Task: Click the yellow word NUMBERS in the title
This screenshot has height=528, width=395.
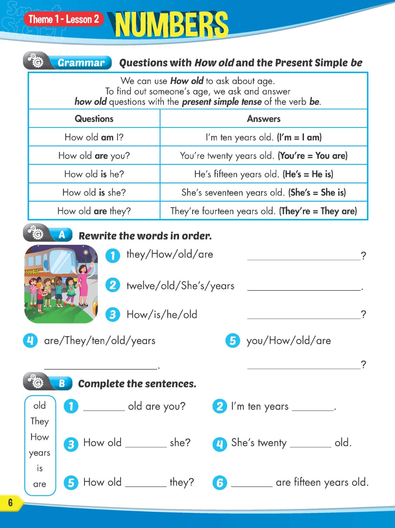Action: click(x=172, y=25)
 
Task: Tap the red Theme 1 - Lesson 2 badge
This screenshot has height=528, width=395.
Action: click(x=64, y=19)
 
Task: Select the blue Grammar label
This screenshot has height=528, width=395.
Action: click(x=81, y=63)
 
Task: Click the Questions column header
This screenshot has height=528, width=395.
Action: click(x=94, y=119)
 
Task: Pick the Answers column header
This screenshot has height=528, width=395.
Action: click(x=263, y=119)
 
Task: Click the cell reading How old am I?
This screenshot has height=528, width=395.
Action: click(x=94, y=137)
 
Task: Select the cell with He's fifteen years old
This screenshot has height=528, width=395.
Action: click(x=263, y=174)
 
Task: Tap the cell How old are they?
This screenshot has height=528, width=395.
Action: click(x=94, y=211)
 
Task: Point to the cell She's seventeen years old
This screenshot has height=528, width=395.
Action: click(x=263, y=193)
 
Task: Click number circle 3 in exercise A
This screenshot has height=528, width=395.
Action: click(x=113, y=314)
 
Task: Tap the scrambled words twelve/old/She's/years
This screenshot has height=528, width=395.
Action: click(x=180, y=285)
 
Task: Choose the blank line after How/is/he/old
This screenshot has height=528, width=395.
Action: click(x=304, y=315)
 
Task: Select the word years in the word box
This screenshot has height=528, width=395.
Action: click(x=40, y=453)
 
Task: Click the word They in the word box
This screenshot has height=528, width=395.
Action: click(x=40, y=421)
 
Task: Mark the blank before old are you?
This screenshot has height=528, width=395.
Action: click(x=104, y=407)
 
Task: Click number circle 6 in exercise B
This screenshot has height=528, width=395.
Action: click(x=220, y=483)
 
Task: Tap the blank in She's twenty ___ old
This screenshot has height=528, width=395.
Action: click(x=311, y=444)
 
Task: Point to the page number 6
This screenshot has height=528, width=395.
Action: click(x=10, y=502)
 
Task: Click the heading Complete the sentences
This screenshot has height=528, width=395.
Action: click(x=137, y=384)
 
